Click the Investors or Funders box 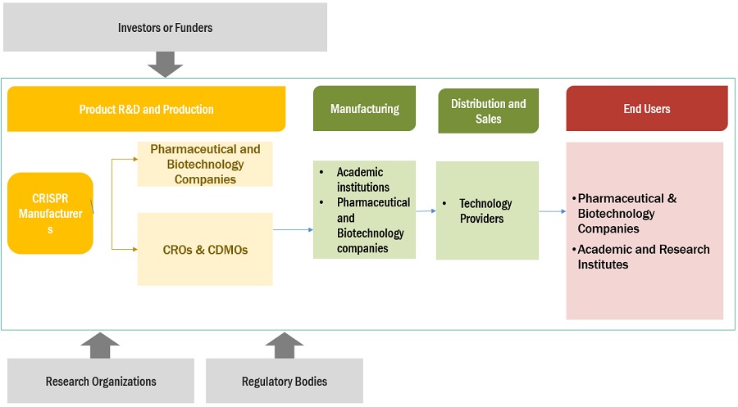(165, 27)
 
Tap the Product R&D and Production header (146, 109)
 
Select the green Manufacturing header (364, 108)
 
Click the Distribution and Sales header (488, 111)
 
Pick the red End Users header (646, 108)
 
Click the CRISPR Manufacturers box (50, 213)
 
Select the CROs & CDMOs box (204, 249)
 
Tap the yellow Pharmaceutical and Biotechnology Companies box (205, 164)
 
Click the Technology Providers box (487, 210)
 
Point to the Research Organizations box (101, 381)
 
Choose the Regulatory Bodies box (284, 381)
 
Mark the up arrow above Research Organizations (101, 345)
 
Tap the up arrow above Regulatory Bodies (284, 345)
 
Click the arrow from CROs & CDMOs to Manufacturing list (293, 229)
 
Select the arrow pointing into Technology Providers (426, 210)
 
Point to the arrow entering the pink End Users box (552, 210)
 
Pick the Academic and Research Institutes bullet (644, 256)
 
